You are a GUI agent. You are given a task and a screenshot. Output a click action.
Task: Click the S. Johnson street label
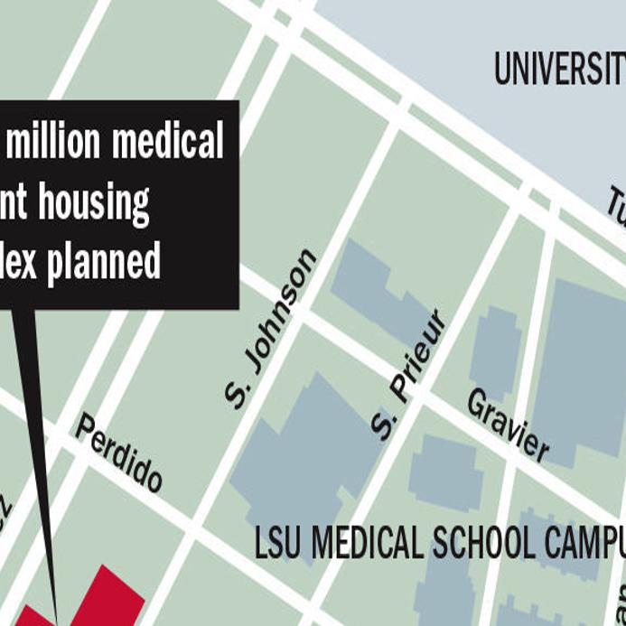point(270,329)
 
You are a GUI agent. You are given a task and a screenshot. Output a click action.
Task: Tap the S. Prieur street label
point(409,375)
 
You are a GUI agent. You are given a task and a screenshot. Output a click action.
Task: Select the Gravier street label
point(508,425)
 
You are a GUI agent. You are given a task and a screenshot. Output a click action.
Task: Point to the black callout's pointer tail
point(36,452)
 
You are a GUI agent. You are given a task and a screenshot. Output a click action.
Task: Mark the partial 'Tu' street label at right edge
point(616,213)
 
